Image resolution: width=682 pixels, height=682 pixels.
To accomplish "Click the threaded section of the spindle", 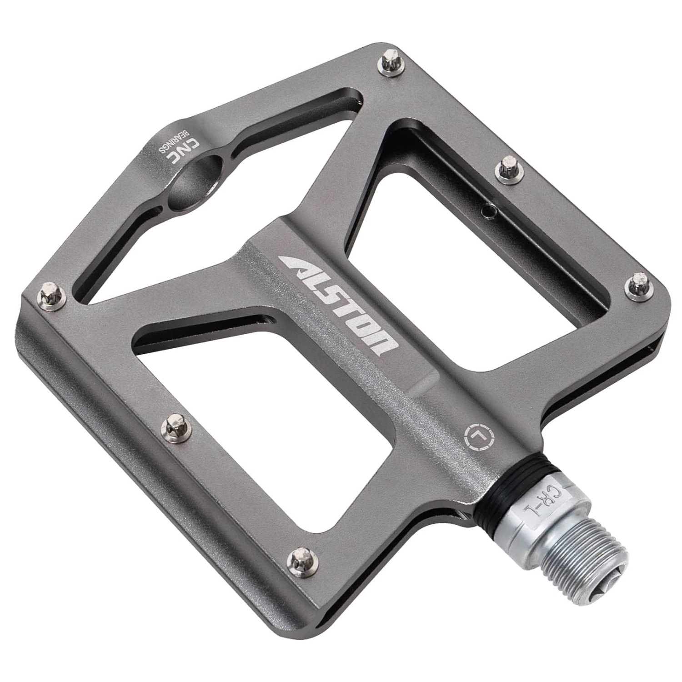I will (x=577, y=550).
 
